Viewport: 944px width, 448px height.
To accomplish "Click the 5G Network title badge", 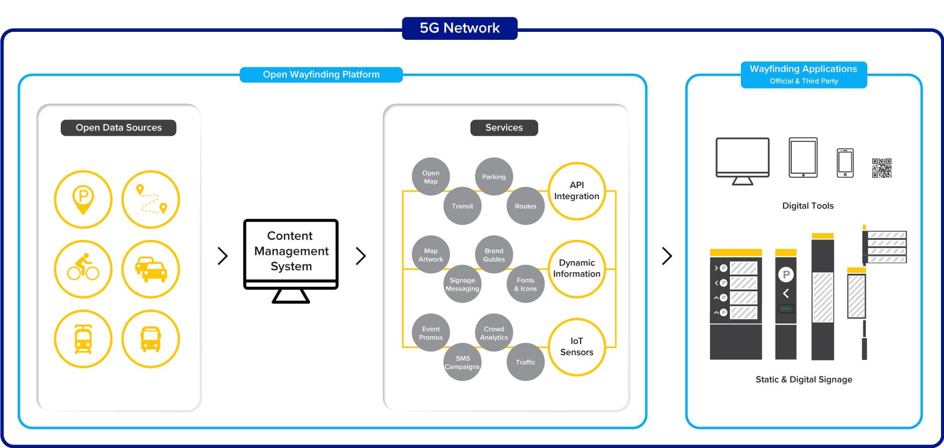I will point(460,28).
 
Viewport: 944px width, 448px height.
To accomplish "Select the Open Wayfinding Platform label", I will point(321,75).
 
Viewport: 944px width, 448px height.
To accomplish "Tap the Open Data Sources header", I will point(118,128).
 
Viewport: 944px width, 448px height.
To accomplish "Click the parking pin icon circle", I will point(83,199).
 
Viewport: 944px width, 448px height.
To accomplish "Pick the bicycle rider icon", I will point(83,269).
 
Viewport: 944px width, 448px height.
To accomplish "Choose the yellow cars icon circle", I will point(151,269).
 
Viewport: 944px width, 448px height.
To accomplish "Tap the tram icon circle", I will point(83,338).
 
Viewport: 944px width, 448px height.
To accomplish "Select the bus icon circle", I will point(151,338).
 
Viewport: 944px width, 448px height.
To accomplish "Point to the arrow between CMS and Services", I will point(361,256).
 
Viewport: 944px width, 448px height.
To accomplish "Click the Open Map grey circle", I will point(431,177).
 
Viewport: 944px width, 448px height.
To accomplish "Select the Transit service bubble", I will point(463,206).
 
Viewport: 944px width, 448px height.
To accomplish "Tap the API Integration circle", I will point(577,191).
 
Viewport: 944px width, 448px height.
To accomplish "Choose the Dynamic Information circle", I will point(577,268).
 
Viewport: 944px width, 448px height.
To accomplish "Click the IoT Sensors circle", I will point(577,346).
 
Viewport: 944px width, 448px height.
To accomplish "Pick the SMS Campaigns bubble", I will point(463,362).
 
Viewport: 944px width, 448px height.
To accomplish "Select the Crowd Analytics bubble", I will point(494,333).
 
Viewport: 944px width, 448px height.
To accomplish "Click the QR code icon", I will point(882,168).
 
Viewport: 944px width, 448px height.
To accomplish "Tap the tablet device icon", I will point(803,157).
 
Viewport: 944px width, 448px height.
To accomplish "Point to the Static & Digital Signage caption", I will point(804,380).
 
